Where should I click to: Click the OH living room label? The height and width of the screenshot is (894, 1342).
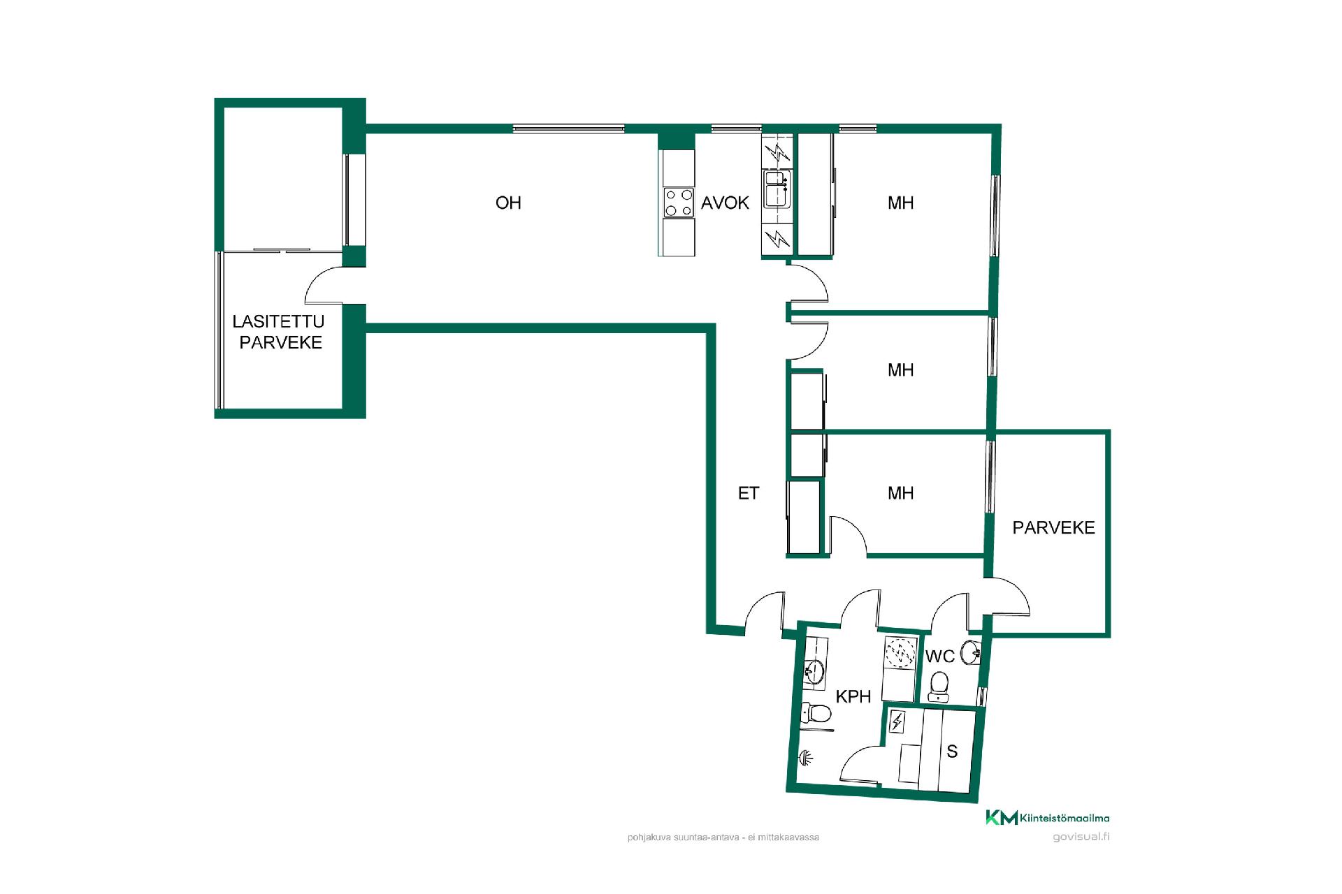click(x=508, y=203)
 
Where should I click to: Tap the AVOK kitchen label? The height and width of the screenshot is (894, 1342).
click(x=725, y=203)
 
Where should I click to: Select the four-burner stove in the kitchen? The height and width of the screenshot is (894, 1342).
click(x=679, y=203)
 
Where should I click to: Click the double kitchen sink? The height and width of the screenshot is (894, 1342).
click(x=777, y=189)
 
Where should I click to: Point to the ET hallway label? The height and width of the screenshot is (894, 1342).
click(x=748, y=493)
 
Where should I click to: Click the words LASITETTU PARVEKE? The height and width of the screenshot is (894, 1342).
click(x=280, y=332)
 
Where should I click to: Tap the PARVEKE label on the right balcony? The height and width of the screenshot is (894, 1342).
click(x=1053, y=527)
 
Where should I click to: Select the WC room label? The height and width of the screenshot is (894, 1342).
click(x=940, y=657)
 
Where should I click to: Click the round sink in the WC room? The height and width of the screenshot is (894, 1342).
click(x=971, y=653)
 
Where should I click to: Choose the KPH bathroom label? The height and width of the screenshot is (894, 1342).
click(x=853, y=696)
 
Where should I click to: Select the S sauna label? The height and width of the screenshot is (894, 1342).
click(x=951, y=752)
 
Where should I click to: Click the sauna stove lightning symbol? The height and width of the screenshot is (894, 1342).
click(x=897, y=721)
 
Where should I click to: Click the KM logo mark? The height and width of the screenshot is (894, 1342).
click(x=1001, y=817)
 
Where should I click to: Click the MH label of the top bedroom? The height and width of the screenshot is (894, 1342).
click(x=900, y=203)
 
